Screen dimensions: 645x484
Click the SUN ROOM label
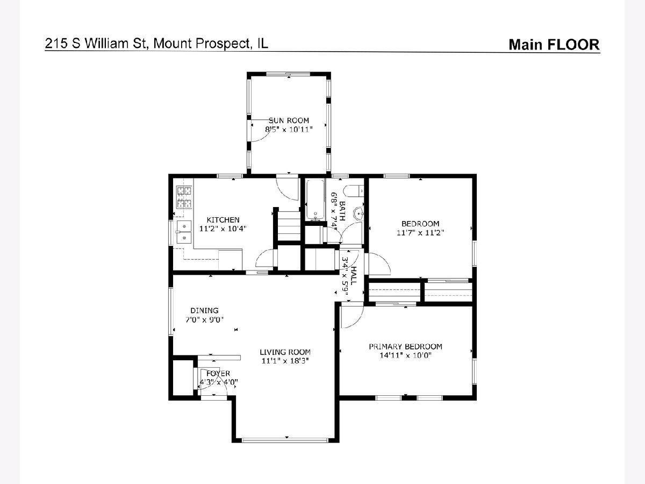pyautogui.click(x=289, y=120)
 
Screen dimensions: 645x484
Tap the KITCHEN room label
pyautogui.click(x=223, y=220)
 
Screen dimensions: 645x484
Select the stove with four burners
pyautogui.click(x=184, y=197)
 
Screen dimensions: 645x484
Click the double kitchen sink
pyautogui.click(x=184, y=232)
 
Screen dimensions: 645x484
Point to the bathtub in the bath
pyautogui.click(x=316, y=200)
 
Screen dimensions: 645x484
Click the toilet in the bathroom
pyautogui.click(x=354, y=191)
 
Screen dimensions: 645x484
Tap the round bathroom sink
pyautogui.click(x=359, y=213)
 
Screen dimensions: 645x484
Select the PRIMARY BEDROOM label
pyautogui.click(x=405, y=346)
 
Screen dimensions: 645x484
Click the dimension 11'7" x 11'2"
pyautogui.click(x=420, y=233)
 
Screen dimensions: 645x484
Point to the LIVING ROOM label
pyautogui.click(x=285, y=352)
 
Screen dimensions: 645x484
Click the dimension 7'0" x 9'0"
pyautogui.click(x=205, y=319)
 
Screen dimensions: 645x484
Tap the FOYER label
pyautogui.click(x=218, y=374)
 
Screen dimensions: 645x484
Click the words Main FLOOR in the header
pyautogui.click(x=554, y=45)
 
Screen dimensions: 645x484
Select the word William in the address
pyautogui.click(x=116, y=44)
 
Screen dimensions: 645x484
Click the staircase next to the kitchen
pyautogui.click(x=289, y=226)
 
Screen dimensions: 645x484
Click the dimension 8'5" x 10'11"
pyautogui.click(x=289, y=129)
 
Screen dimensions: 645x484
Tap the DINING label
pyautogui.click(x=205, y=311)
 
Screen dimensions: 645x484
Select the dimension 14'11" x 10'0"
pyautogui.click(x=405, y=355)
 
